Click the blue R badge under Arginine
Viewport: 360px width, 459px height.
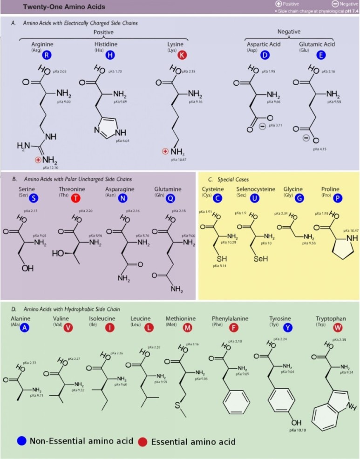(46, 55)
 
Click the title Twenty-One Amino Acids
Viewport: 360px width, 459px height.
(64, 7)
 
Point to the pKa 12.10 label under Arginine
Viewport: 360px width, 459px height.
(50, 167)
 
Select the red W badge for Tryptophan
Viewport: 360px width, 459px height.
(337, 327)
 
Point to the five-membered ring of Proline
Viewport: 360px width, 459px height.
(344, 247)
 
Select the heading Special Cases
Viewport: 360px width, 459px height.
(235, 179)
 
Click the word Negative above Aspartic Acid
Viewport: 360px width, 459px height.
(289, 32)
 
